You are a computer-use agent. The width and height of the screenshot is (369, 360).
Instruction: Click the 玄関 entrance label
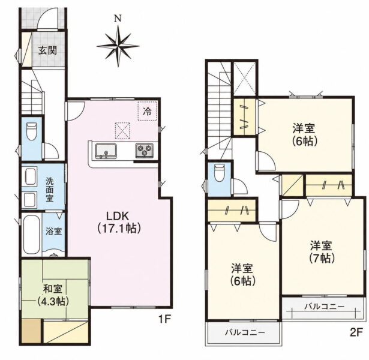pos(48,50)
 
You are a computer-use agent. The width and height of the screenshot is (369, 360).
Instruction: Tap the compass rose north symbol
pos(118,46)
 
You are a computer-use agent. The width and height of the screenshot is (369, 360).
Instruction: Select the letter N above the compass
pos(118,19)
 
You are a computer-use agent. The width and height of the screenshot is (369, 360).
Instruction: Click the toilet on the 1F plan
pos(31,131)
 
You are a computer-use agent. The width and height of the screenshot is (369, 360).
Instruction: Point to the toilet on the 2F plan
pos(220,173)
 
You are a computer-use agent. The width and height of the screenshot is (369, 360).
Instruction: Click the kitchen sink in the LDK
pos(106,151)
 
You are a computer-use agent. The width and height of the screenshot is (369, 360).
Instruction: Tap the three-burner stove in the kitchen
pos(144,151)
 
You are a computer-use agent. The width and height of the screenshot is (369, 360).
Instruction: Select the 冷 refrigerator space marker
pos(148,111)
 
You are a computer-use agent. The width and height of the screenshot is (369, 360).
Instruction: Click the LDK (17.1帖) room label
pos(119,221)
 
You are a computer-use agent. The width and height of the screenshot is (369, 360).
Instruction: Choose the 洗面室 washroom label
pos(50,190)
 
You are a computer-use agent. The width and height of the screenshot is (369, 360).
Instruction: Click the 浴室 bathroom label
pos(53,231)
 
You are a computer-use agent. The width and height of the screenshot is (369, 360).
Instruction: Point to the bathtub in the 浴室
pos(31,235)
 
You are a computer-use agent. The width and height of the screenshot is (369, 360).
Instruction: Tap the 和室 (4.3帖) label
pos(53,295)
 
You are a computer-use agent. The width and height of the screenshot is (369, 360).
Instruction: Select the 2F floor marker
pos(355,332)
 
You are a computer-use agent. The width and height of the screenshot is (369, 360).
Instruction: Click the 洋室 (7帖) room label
pos(322,252)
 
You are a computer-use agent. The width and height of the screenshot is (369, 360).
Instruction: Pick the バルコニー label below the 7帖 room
pos(325,307)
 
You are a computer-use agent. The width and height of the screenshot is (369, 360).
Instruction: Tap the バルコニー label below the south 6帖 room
pos(245,332)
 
